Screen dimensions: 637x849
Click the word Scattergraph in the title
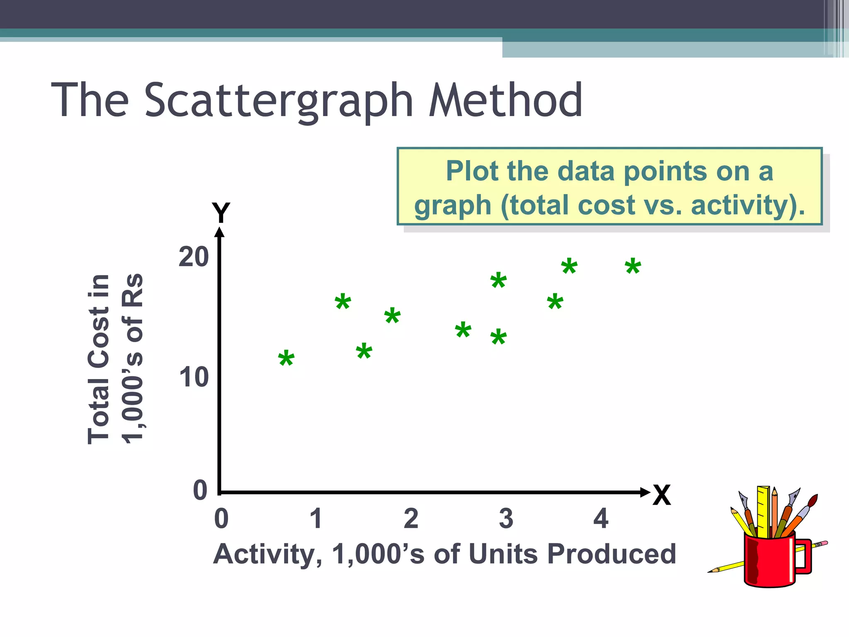click(x=279, y=101)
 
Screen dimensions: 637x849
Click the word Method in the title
click(x=505, y=101)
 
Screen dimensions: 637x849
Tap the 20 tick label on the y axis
click(x=194, y=257)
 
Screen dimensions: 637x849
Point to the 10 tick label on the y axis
click(x=194, y=378)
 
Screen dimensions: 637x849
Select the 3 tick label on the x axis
click(x=506, y=519)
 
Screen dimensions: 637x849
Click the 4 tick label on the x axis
click(x=601, y=519)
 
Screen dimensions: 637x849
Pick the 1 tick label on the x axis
click(x=316, y=519)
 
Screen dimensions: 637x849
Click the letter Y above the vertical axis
click(x=221, y=213)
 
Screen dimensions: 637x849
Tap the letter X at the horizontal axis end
click(x=661, y=495)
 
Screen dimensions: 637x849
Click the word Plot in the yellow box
click(x=472, y=171)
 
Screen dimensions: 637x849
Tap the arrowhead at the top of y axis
click(x=220, y=231)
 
